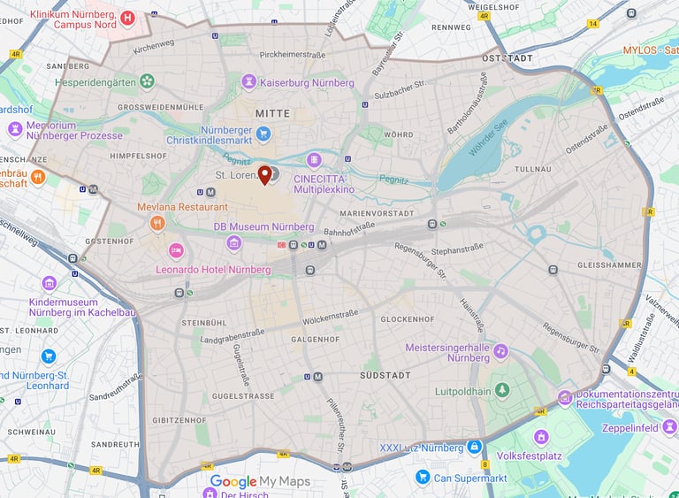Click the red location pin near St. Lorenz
[x=263, y=174]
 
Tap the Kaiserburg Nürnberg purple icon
[x=249, y=82]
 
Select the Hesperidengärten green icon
[x=147, y=82]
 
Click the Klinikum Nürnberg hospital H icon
[x=128, y=17]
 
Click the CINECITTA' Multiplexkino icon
[x=313, y=160]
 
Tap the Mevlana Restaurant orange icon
[x=157, y=223]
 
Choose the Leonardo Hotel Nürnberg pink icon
[x=176, y=250]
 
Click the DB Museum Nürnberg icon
[x=233, y=243]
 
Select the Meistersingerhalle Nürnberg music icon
[x=500, y=351]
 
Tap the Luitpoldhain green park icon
[x=502, y=390]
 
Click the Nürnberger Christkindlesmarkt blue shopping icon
[x=263, y=134]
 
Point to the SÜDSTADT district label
[x=385, y=376]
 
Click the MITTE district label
[x=272, y=114]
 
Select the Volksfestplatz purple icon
[x=541, y=436]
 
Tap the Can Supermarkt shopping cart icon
[x=423, y=478]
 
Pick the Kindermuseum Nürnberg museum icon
[x=50, y=283]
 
